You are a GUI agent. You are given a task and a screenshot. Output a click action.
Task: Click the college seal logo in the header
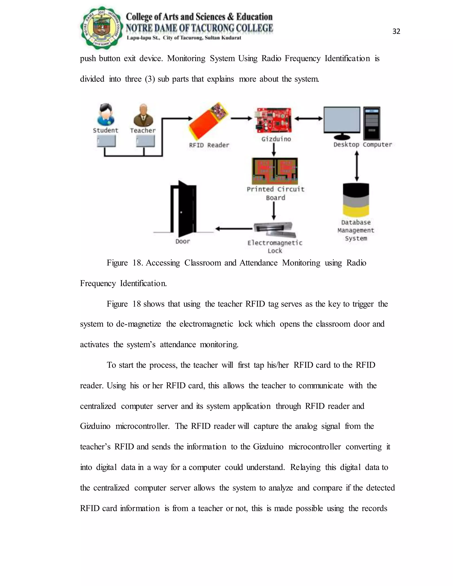click(x=102, y=28)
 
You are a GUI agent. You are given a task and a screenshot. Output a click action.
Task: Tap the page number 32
click(x=396, y=32)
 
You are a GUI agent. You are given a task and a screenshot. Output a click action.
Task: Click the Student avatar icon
click(x=106, y=115)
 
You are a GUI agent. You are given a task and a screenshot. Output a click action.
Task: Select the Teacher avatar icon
click(x=143, y=115)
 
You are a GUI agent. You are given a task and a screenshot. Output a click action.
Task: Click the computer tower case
click(x=372, y=123)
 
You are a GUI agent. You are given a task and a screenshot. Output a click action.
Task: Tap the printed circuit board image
click(x=275, y=171)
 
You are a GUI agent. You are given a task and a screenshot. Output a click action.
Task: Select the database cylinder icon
click(x=356, y=200)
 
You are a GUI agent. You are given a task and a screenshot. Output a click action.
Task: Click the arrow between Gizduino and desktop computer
click(x=309, y=119)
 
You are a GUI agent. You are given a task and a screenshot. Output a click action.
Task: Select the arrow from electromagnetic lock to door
click(x=234, y=229)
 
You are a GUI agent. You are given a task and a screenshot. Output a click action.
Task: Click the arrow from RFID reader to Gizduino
click(x=241, y=118)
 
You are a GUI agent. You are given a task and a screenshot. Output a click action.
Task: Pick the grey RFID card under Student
click(x=106, y=141)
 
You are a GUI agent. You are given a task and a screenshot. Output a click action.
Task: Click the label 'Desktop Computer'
click(x=363, y=145)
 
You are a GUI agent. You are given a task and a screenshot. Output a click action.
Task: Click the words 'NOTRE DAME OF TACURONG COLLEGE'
click(x=199, y=28)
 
